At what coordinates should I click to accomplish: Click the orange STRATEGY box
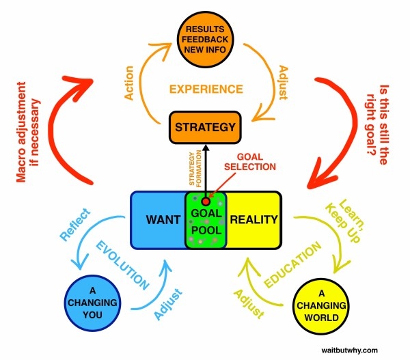pos(206,127)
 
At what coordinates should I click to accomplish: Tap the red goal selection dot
pos(206,202)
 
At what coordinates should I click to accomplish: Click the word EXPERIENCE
pos(206,89)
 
